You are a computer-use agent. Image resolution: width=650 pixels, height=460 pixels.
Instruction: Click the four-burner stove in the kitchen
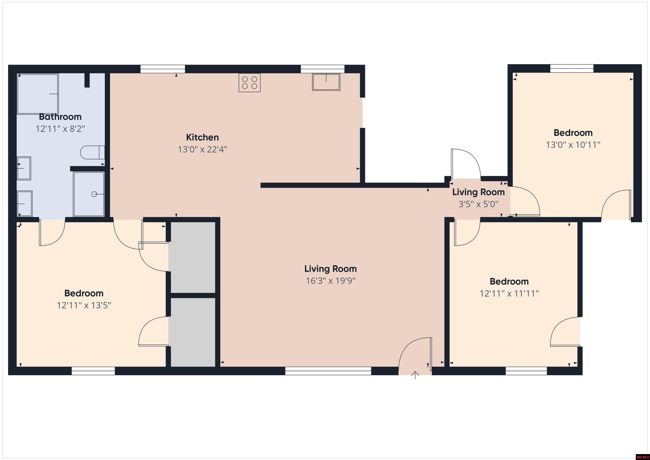[x=249, y=83]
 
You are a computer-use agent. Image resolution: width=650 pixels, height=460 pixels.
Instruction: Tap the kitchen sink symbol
[x=326, y=82]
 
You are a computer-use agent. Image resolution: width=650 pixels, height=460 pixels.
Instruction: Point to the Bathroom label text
[x=60, y=117]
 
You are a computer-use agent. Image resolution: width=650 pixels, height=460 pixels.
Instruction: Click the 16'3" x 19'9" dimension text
[x=330, y=281]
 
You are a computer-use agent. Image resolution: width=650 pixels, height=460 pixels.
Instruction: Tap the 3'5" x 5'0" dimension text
[x=478, y=204]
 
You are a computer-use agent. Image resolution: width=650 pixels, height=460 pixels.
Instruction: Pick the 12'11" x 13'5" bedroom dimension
[x=84, y=305]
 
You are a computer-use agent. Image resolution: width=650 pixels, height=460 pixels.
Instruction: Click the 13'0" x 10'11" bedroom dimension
[x=573, y=145]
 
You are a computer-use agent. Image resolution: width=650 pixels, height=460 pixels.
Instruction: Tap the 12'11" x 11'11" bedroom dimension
[x=509, y=293]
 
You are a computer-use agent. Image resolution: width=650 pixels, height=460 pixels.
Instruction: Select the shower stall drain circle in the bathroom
[x=94, y=194]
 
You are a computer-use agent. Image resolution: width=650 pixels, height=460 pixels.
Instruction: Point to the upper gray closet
[x=193, y=257]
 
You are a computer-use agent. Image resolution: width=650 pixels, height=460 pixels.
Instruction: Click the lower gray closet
[x=193, y=332]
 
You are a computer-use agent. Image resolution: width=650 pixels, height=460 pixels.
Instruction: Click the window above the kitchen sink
[x=322, y=69]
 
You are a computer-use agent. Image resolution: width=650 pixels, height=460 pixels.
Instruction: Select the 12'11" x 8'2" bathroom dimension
[x=60, y=129]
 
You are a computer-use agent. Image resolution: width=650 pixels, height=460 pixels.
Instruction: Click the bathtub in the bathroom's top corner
[x=38, y=94]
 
